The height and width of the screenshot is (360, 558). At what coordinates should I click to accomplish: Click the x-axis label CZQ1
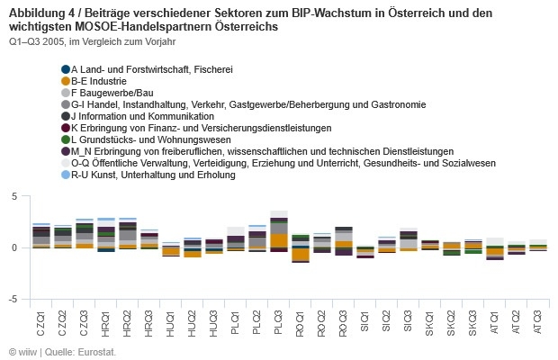click(40, 319)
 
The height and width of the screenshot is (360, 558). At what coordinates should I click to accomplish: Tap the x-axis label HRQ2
click(128, 319)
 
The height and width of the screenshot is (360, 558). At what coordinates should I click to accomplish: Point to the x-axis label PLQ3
click(279, 319)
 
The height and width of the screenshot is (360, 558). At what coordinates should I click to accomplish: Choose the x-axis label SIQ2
click(387, 319)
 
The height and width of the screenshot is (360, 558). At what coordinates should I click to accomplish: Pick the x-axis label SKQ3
click(473, 319)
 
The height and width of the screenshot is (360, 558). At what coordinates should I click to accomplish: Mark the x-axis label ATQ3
click(538, 319)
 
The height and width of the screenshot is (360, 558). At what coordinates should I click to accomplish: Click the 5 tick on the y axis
click(15, 196)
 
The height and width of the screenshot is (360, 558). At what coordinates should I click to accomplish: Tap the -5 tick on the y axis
click(13, 299)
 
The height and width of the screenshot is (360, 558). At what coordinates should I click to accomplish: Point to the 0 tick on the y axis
click(15, 247)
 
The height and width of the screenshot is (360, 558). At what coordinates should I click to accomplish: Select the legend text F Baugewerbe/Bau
click(112, 93)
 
